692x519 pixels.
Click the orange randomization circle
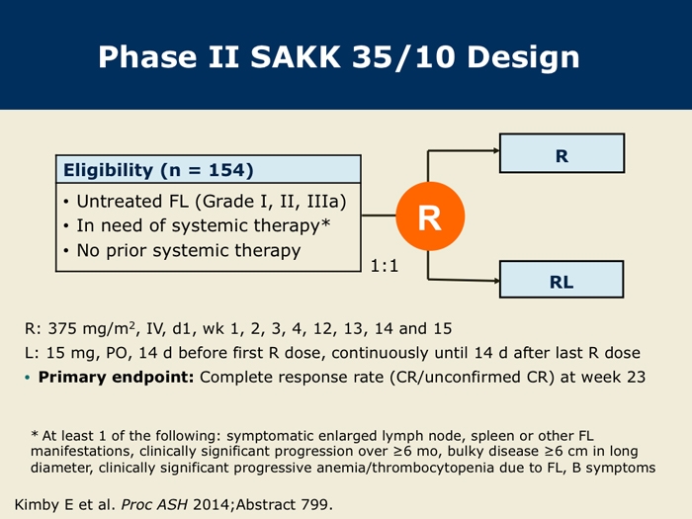430,216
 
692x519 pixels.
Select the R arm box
562,153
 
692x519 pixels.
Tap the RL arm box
562,280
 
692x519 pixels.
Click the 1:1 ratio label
385,266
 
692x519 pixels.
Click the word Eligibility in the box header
108,171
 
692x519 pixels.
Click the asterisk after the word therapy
325,222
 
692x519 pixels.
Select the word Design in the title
523,58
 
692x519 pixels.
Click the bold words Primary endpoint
116,378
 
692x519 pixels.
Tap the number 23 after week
636,377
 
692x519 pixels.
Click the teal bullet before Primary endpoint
28,378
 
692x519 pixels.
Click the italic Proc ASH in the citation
154,504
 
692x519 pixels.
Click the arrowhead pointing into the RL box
496,280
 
